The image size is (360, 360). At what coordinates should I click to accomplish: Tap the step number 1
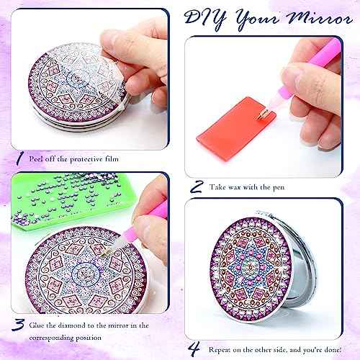point(18,157)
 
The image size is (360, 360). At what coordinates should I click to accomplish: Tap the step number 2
point(196,186)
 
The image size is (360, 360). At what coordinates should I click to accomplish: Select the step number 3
point(18,328)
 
